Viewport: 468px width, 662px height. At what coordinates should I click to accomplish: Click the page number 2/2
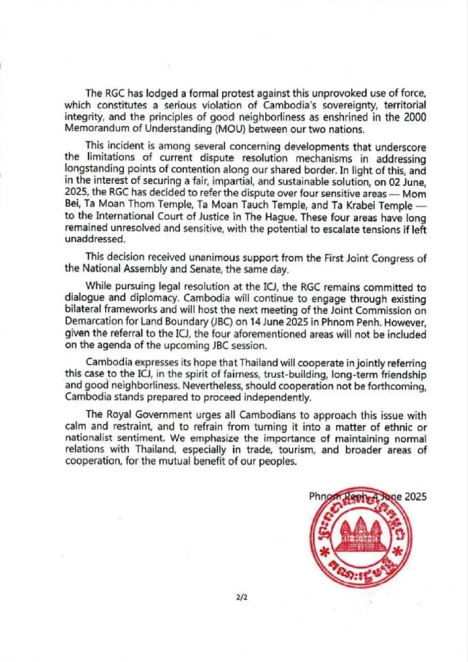pos(242,597)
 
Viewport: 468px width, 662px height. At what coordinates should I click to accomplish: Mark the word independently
pos(278,398)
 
